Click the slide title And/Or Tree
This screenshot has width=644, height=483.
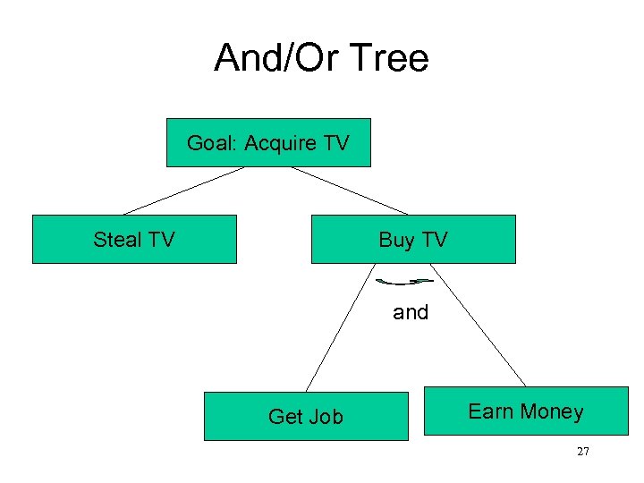(x=321, y=59)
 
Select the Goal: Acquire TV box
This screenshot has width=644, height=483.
(x=268, y=143)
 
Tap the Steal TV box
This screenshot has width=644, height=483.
(x=134, y=239)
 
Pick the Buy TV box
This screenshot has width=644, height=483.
(x=413, y=239)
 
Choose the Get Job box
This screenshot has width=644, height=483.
(x=306, y=416)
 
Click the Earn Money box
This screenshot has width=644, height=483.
(x=526, y=411)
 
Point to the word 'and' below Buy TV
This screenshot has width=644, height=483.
(x=411, y=313)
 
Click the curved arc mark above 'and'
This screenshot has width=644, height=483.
(x=404, y=283)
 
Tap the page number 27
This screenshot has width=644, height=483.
(x=582, y=452)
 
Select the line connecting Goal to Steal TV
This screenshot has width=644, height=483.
(x=183, y=191)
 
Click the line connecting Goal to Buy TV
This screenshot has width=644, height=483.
(x=349, y=191)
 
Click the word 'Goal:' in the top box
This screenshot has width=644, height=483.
(x=212, y=143)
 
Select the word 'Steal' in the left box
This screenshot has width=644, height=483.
(x=118, y=239)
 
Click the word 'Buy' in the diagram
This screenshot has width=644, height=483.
(x=396, y=240)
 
